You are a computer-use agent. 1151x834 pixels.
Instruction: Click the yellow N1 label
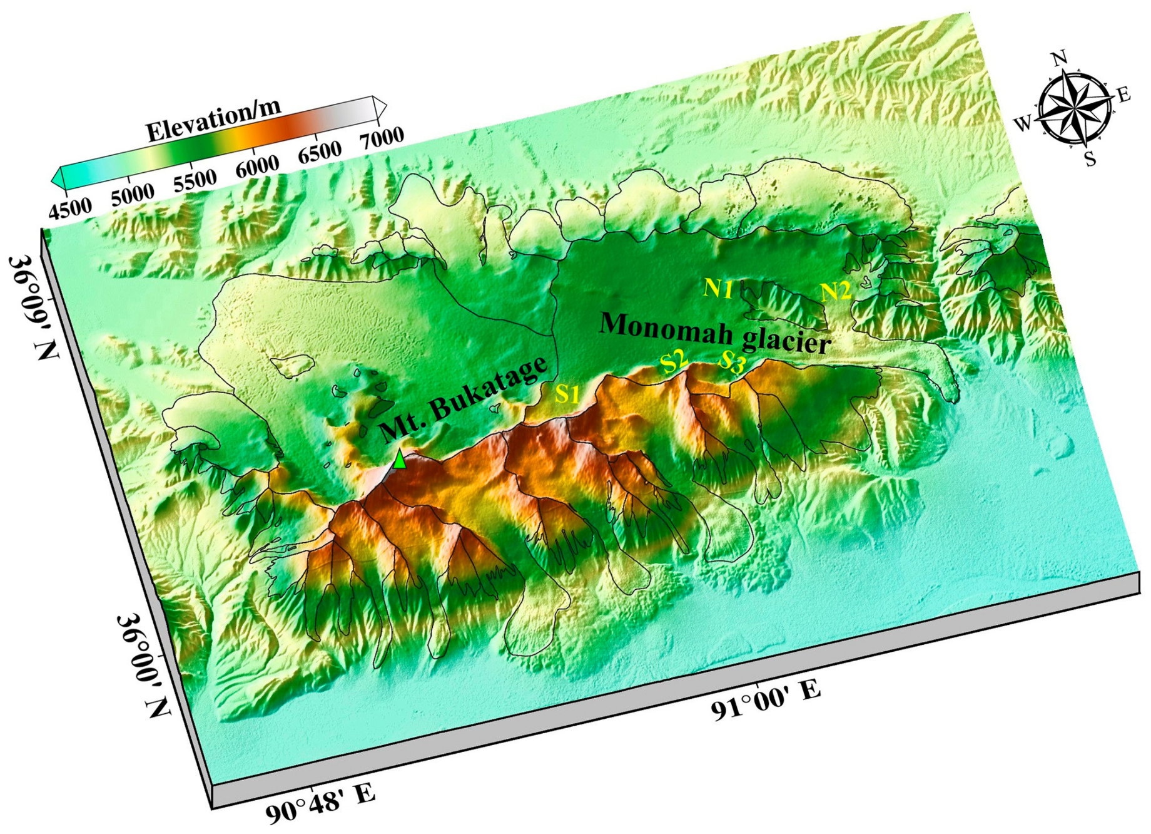(x=718, y=288)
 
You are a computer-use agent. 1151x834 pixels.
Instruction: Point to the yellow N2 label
(x=836, y=291)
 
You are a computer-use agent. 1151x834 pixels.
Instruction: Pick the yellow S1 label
(x=568, y=394)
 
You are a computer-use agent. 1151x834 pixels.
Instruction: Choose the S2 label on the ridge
(x=674, y=361)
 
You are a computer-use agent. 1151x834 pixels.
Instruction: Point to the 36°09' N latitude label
(x=34, y=306)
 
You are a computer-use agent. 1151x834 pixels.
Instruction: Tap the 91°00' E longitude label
(x=765, y=701)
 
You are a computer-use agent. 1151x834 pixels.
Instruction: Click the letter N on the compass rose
(x=1058, y=59)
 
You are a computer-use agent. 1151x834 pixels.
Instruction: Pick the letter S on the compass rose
(x=1090, y=159)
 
